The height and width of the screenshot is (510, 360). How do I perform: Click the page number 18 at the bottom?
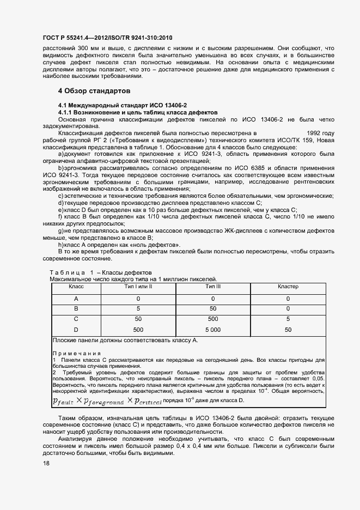[x=46, y=464]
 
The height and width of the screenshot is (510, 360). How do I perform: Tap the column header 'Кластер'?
[x=288, y=287]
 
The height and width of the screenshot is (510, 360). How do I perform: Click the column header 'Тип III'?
[x=213, y=287]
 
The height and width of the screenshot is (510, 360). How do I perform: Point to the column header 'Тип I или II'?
[x=138, y=287]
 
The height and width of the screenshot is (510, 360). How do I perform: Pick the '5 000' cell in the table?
[x=213, y=330]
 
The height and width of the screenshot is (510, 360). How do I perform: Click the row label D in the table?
[x=76, y=330]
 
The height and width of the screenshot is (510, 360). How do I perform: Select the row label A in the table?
[x=76, y=299]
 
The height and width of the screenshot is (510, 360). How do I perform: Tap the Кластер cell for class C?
[x=288, y=319]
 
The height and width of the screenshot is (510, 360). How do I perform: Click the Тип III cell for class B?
[x=213, y=309]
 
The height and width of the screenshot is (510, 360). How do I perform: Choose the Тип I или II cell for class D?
[x=138, y=330]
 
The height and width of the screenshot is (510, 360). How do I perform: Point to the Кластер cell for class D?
[x=288, y=330]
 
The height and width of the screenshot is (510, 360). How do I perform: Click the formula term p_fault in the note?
[x=63, y=401]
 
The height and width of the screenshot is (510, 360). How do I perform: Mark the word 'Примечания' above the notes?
[x=72, y=354]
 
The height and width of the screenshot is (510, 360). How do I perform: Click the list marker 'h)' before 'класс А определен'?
[x=61, y=245]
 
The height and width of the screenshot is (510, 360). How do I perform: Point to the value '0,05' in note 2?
[x=319, y=378]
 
